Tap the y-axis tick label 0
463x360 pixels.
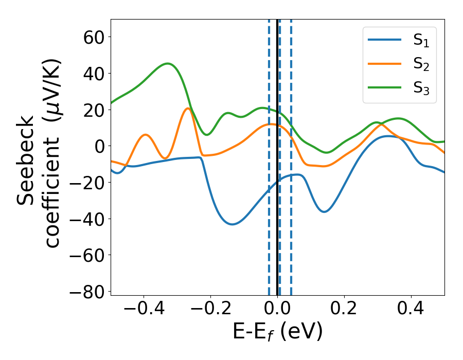[99, 146]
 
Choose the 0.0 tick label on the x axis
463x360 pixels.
[277, 311]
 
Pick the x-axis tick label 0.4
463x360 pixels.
[411, 311]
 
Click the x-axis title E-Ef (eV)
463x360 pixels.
[277, 332]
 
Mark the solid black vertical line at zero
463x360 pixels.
[277, 206]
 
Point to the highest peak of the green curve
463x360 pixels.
[168, 64]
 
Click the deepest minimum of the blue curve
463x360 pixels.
[233, 224]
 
